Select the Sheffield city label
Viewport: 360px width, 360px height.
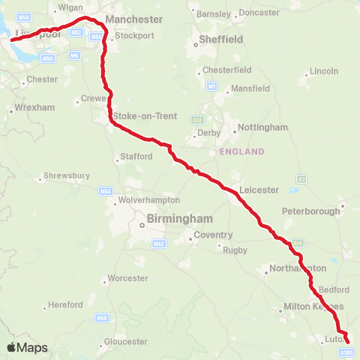(220, 39)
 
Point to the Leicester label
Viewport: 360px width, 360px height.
(259, 190)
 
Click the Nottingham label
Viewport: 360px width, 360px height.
(262, 127)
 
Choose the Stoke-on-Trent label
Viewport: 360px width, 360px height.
(141, 116)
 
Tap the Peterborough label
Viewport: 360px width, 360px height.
(311, 211)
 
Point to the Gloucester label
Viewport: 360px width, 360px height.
(126, 341)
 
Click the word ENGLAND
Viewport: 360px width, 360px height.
(241, 151)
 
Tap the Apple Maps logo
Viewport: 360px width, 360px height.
(28, 347)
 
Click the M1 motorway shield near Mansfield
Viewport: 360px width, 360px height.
(212, 86)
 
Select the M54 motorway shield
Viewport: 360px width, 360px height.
(105, 192)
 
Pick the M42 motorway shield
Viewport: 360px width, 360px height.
(158, 243)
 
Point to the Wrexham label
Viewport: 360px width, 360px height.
(34, 108)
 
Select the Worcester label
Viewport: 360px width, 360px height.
(127, 278)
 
